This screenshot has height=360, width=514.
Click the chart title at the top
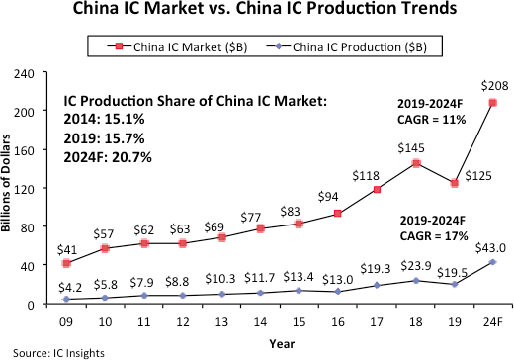point(257,13)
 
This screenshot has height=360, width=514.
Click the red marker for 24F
point(492,103)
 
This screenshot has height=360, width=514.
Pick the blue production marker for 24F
point(492,262)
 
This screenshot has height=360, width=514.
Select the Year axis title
point(277,341)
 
